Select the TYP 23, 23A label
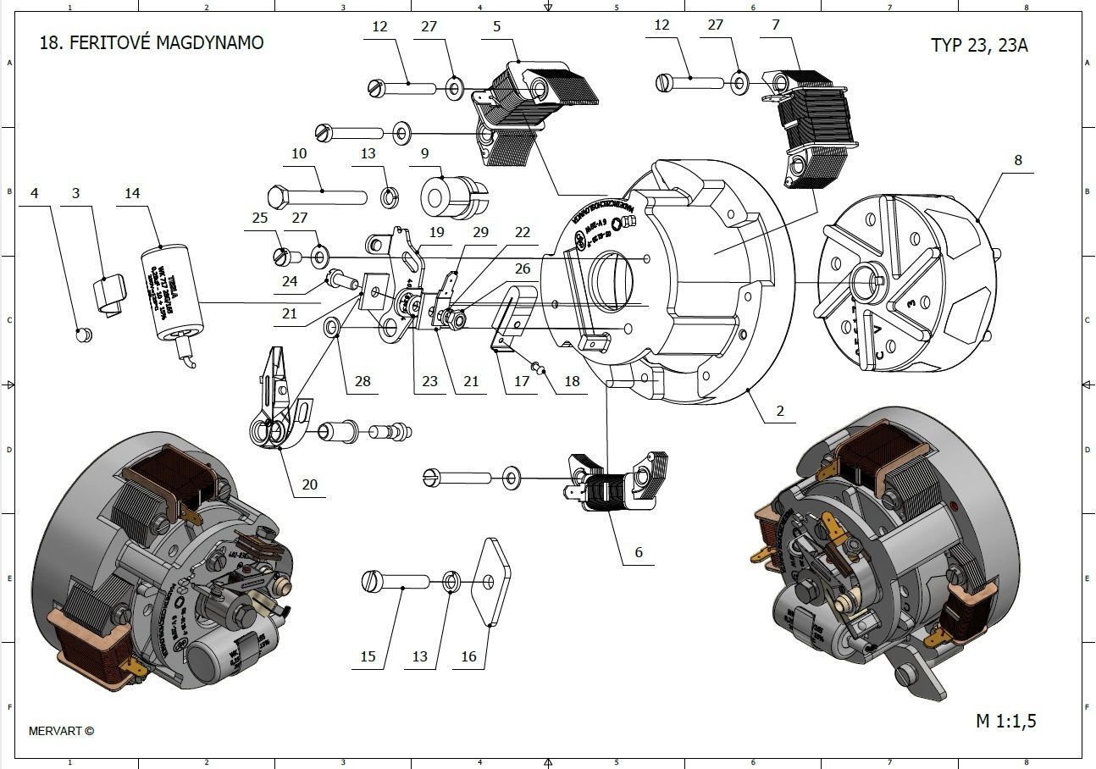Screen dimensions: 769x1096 coord(979,45)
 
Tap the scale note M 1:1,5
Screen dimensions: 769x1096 coord(1005,722)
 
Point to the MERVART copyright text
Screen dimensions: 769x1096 coord(61,731)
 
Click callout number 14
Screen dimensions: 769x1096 coord(132,193)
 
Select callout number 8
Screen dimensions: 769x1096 coord(1017,159)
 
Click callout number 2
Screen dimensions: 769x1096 coord(780,411)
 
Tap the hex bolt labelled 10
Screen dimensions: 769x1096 coord(317,197)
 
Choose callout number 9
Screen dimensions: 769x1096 coord(424,153)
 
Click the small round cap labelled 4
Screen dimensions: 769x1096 coord(83,335)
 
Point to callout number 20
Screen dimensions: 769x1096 coord(310,484)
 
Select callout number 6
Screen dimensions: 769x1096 coord(639,552)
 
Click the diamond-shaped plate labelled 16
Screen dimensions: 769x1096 coord(492,581)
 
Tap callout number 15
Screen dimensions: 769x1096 coord(368,656)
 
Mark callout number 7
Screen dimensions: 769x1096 coord(775,25)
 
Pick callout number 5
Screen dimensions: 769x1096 coord(496,26)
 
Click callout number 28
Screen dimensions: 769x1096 coord(363,381)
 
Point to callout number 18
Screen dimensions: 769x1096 coord(572,381)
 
